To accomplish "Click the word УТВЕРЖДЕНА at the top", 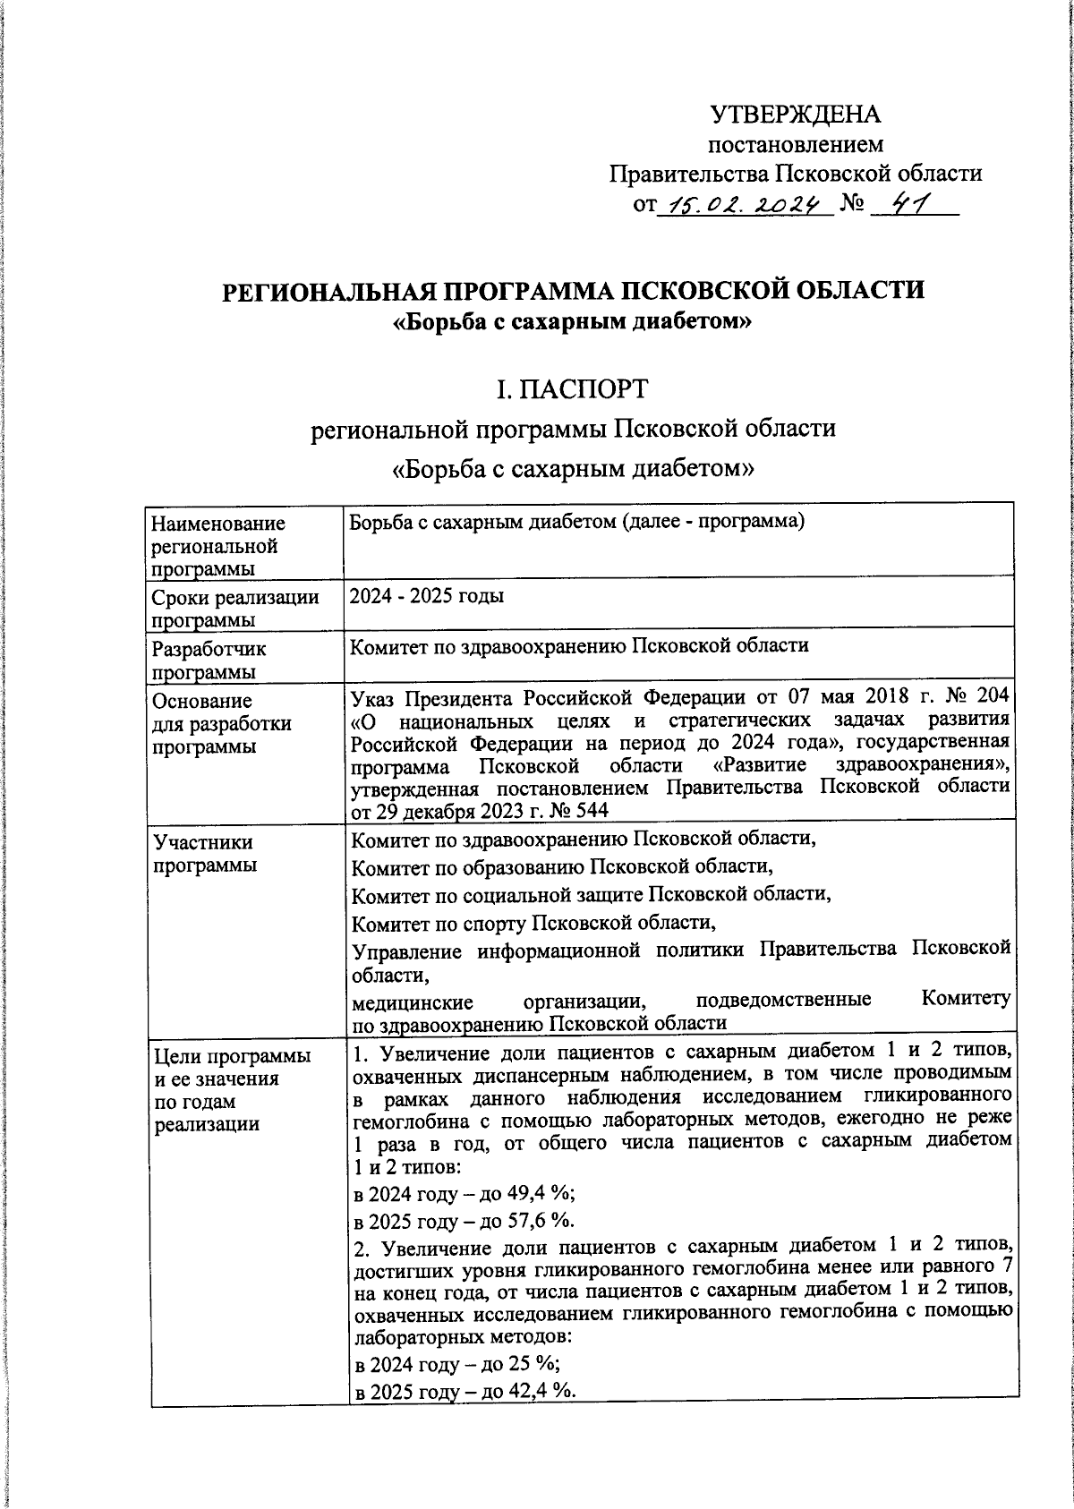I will click(796, 115).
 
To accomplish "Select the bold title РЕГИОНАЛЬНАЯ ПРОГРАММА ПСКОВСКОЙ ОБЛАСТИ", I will click(573, 291).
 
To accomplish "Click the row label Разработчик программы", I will click(209, 661).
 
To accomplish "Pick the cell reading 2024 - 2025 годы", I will click(427, 595).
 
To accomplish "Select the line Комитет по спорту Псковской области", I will click(533, 922).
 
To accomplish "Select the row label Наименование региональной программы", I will click(218, 545).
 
